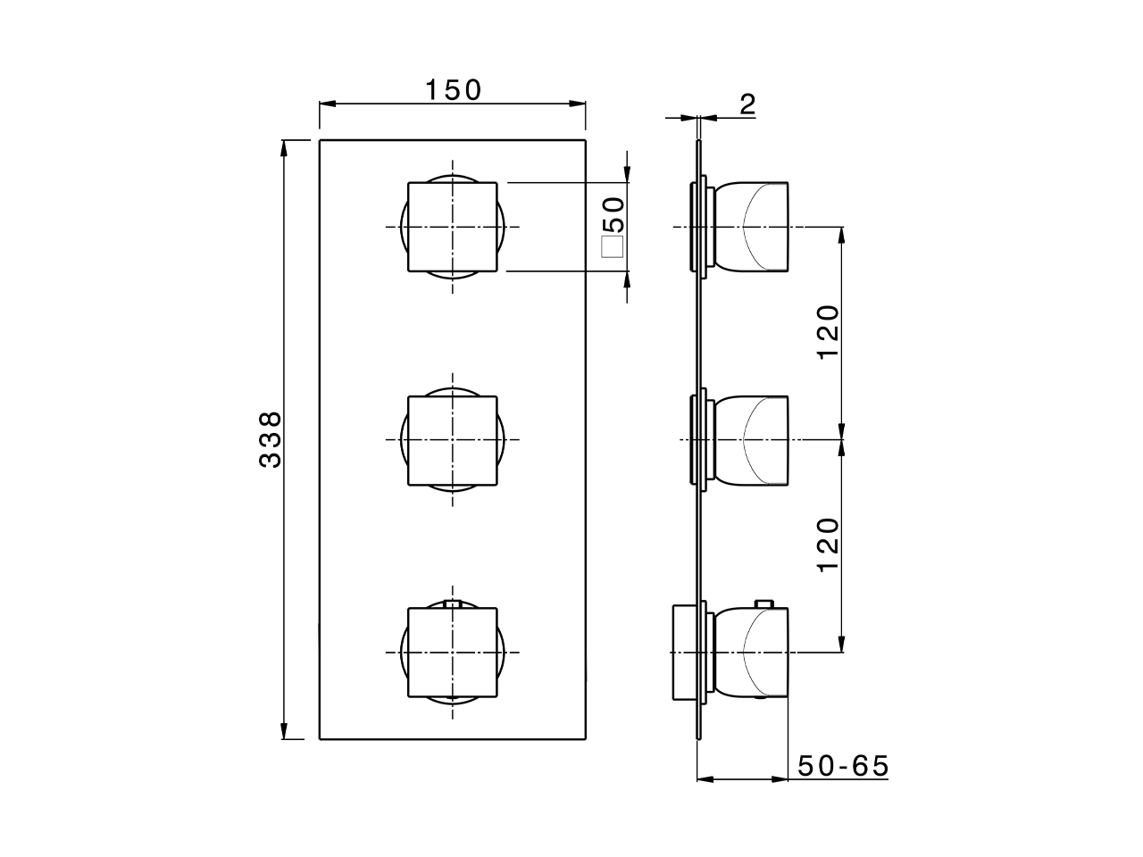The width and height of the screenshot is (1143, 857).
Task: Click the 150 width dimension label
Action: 452,90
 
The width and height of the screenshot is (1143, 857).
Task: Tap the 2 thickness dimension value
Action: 747,104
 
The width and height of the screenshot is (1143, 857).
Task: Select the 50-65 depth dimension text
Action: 843,766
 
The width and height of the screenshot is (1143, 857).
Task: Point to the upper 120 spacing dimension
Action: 829,332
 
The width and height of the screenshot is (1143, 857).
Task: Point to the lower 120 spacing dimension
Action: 829,545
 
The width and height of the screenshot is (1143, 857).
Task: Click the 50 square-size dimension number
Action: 613,215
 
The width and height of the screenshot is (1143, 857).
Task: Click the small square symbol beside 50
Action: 613,247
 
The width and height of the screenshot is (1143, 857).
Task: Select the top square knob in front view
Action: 453,227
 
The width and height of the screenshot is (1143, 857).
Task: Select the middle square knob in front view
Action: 453,440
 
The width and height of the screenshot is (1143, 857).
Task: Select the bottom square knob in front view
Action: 453,653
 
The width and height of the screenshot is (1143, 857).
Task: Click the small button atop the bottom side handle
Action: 763,604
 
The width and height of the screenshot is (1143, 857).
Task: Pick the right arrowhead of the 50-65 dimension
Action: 780,779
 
